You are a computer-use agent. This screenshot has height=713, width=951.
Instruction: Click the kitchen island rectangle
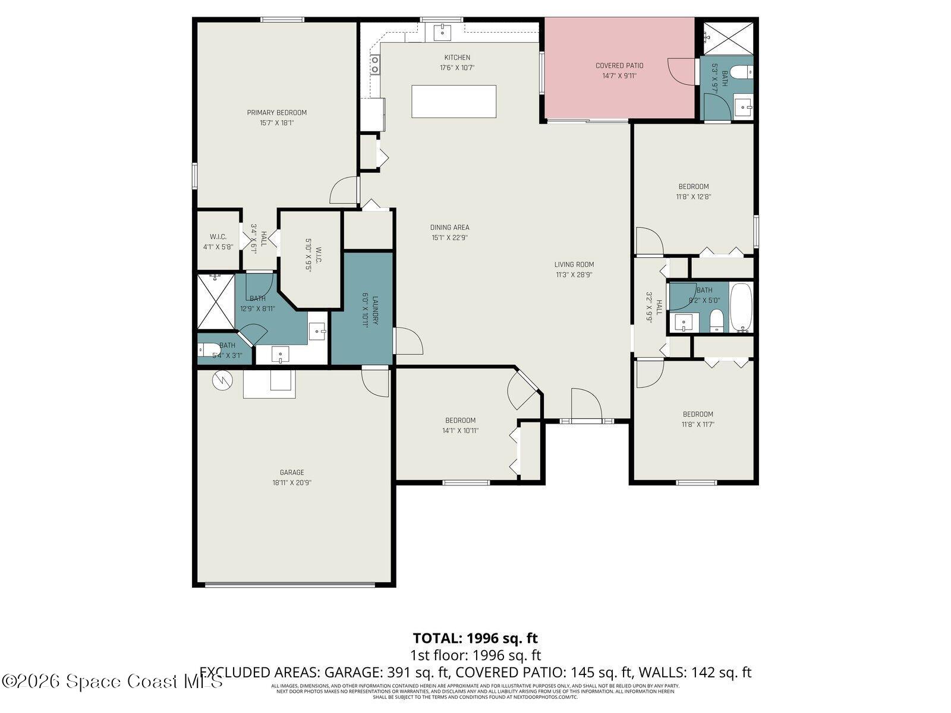pos(454,102)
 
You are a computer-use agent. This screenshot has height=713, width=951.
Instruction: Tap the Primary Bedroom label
pos(277,112)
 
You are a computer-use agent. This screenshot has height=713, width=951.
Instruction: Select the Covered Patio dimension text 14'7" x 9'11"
pos(619,75)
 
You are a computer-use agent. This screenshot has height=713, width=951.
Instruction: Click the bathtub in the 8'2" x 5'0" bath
pos(741,307)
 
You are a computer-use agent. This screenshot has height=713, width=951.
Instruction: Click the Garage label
pos(292,472)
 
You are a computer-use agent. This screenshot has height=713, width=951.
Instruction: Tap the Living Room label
pos(574,264)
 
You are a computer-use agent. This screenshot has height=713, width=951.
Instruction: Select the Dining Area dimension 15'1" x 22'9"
pos(450,237)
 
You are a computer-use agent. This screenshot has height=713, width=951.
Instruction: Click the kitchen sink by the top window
pos(443,31)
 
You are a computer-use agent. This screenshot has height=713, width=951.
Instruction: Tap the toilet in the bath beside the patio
pos(741,72)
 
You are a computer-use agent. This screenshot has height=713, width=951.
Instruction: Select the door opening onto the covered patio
pos(682,71)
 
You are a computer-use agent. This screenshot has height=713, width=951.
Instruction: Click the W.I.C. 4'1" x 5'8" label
pos(218,242)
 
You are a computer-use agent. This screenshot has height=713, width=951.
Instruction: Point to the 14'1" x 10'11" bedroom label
pos(461,425)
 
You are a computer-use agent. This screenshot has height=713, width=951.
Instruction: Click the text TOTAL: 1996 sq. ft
pos(475,638)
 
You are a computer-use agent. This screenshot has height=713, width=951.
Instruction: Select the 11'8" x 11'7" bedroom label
pos(698,419)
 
